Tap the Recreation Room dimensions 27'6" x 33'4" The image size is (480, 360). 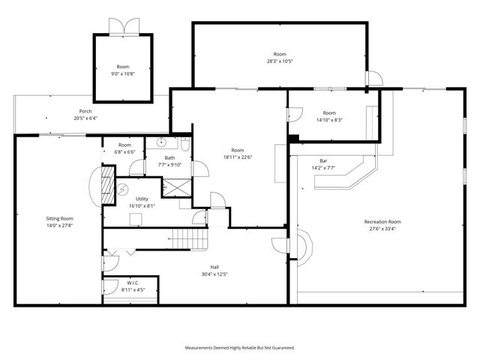382,229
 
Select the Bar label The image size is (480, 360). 323,160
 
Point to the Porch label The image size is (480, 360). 85,111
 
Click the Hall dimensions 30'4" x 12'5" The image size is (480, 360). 214,274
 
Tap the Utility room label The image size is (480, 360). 142,199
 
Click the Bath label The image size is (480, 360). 170,157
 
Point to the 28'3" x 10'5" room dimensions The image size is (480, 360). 280,61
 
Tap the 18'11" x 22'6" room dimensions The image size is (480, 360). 237,157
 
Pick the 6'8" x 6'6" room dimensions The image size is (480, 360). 124,151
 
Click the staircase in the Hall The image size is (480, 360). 188,239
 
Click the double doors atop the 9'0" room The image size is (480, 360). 122,26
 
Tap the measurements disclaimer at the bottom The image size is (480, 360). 240,348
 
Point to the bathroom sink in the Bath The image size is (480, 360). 160,142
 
